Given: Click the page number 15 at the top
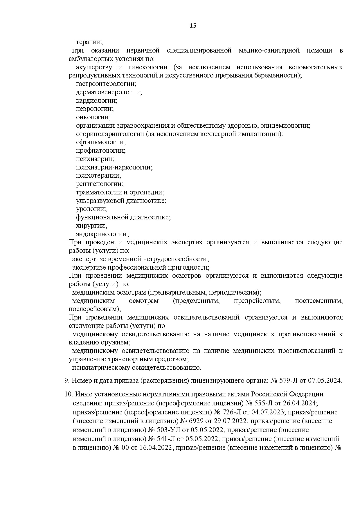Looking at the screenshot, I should [x=193, y=26].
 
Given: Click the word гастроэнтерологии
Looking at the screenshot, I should [x=106, y=84].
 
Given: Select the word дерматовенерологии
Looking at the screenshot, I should [x=109, y=92].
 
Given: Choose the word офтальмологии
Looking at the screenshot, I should [x=100, y=142].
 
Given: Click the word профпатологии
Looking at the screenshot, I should [x=100, y=151].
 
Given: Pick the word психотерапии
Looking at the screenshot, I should [x=98, y=176].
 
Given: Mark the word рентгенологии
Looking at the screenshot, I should [x=99, y=184].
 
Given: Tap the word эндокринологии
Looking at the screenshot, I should [x=102, y=234].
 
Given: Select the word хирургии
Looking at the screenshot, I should [x=91, y=225].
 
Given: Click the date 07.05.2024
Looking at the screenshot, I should [x=326, y=380].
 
